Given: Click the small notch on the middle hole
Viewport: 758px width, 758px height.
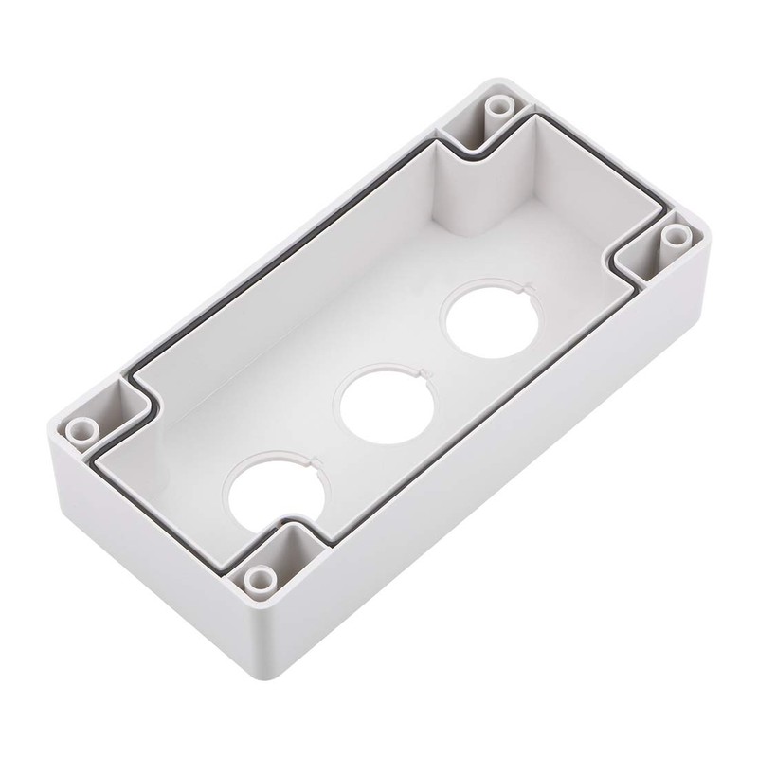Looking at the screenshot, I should (427, 381).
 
